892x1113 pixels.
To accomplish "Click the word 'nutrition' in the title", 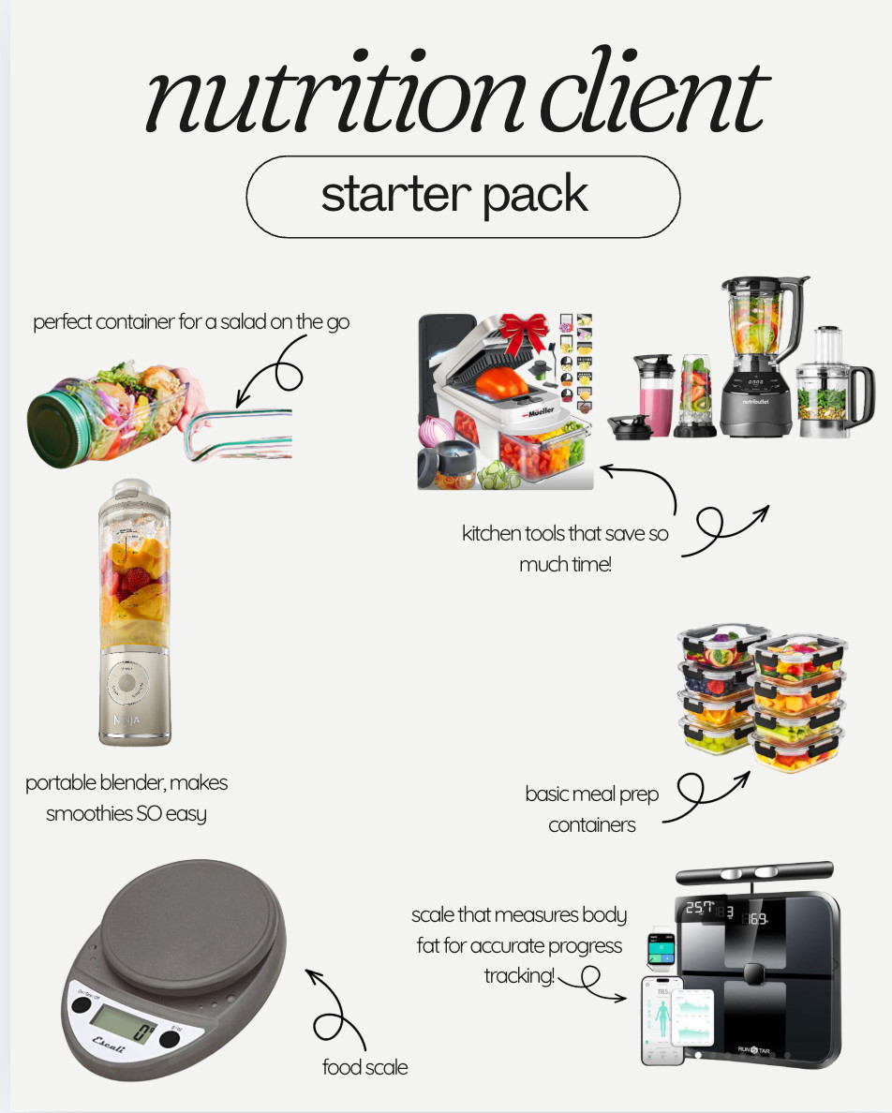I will click(x=319, y=97).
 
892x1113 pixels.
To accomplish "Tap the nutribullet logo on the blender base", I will click(x=761, y=403).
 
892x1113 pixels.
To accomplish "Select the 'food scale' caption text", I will click(x=364, y=1066).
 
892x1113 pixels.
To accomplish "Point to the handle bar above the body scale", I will click(x=753, y=872).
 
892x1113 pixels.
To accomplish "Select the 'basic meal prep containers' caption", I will click(x=592, y=809).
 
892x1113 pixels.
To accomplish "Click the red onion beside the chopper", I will click(x=441, y=432).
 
